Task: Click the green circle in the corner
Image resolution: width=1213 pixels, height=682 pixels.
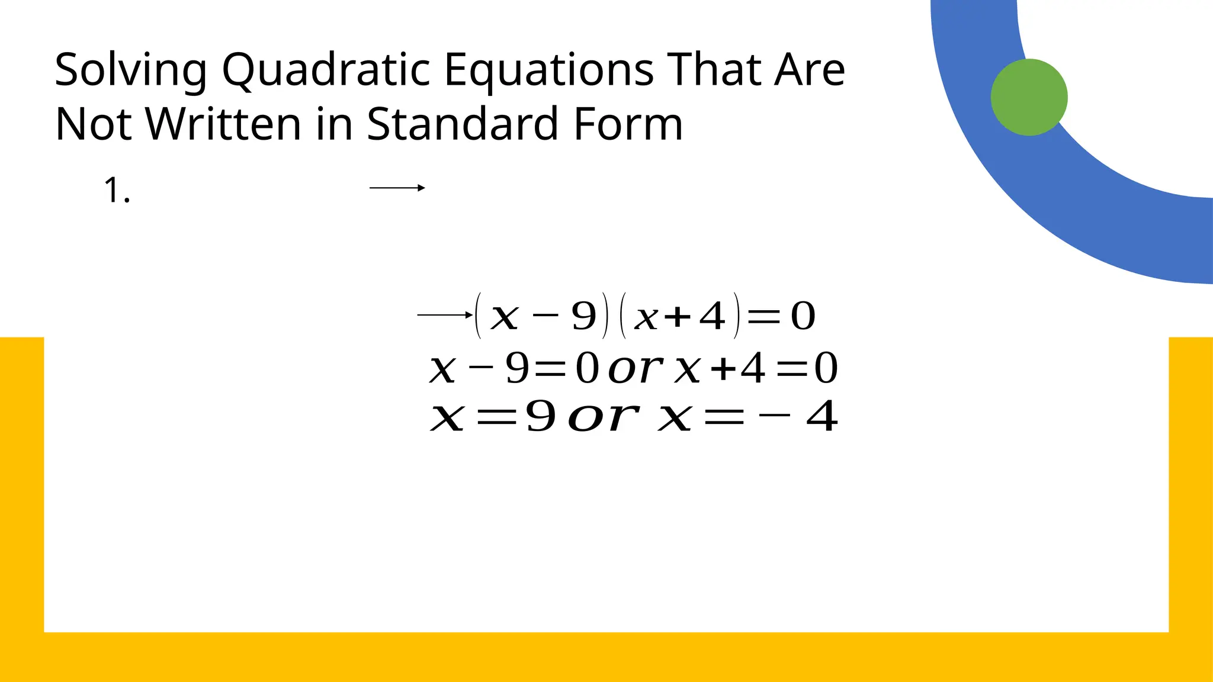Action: point(1029,97)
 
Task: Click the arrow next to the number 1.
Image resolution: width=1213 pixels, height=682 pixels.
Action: point(397,188)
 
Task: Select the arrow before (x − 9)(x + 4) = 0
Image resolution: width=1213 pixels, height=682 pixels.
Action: point(445,315)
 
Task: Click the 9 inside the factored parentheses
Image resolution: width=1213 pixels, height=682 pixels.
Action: point(583,316)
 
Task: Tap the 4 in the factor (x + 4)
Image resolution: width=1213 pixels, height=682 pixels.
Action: point(712,316)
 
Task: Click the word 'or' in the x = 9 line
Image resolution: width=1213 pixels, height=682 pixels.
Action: point(603,417)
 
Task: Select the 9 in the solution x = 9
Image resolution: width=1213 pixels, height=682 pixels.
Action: point(541,416)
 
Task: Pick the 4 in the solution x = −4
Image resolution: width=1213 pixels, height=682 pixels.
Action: point(822,416)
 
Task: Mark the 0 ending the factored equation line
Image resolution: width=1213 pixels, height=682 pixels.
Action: point(803,316)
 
